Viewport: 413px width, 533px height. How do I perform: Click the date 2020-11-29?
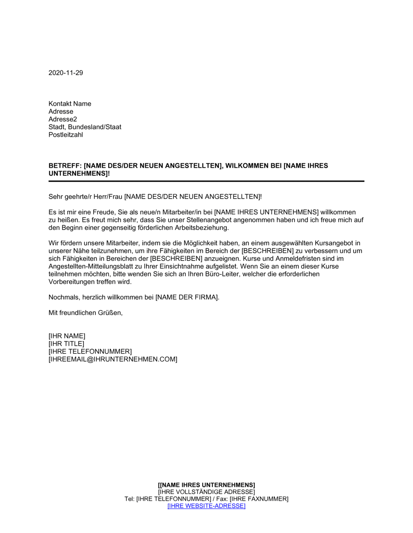pyautogui.click(x=66, y=73)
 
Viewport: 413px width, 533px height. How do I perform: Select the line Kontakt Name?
pyautogui.click(x=70, y=104)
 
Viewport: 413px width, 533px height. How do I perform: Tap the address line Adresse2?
pyautogui.click(x=63, y=119)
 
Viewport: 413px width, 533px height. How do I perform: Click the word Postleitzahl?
pyautogui.click(x=66, y=135)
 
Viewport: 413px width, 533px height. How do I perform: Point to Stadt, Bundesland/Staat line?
pyautogui.click(x=85, y=127)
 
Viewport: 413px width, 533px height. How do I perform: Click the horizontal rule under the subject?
pyautogui.click(x=206, y=181)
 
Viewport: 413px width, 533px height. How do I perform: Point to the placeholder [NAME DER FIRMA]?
pyautogui.click(x=187, y=297)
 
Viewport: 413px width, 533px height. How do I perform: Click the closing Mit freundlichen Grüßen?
pyautogui.click(x=85, y=313)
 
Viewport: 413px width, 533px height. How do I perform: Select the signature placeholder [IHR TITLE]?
pyautogui.click(x=66, y=344)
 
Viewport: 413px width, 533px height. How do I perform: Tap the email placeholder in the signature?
pyautogui.click(x=113, y=359)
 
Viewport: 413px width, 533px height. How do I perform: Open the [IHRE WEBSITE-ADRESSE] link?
pyautogui.click(x=206, y=506)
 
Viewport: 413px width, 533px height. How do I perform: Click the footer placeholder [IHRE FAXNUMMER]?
pyautogui.click(x=259, y=499)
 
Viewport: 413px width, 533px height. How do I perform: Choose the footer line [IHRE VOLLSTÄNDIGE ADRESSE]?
pyautogui.click(x=206, y=492)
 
